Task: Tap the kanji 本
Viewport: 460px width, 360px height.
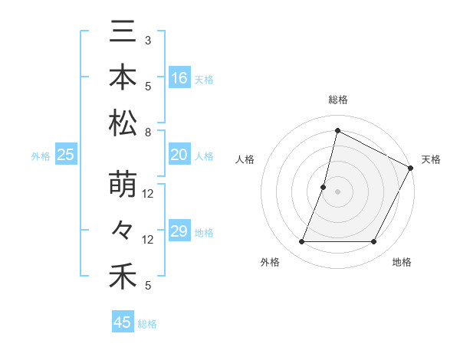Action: (123, 79)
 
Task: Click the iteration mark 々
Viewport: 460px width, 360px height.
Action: (123, 231)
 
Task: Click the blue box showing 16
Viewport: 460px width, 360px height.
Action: (179, 77)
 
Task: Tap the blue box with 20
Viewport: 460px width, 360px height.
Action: (179, 155)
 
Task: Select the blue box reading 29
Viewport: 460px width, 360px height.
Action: (179, 231)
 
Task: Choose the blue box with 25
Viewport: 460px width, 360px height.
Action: (66, 155)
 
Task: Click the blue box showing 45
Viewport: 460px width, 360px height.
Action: (123, 322)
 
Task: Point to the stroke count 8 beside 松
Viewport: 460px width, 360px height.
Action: (148, 133)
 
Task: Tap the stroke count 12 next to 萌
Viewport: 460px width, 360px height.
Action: (148, 194)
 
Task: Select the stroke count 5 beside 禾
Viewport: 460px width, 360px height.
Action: (148, 286)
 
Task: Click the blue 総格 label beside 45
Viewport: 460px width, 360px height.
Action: (147, 324)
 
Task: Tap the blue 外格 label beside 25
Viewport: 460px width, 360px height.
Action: (41, 156)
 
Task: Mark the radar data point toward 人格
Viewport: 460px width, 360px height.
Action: (324, 188)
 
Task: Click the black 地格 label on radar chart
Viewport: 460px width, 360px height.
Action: (402, 263)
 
